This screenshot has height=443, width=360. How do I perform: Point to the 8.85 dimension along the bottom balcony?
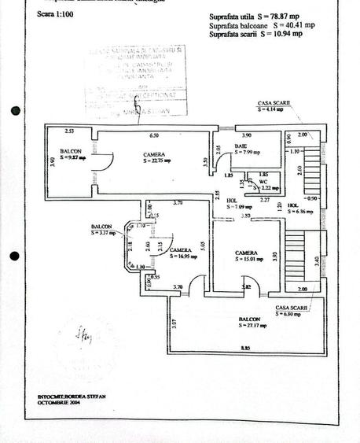[246, 348]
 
